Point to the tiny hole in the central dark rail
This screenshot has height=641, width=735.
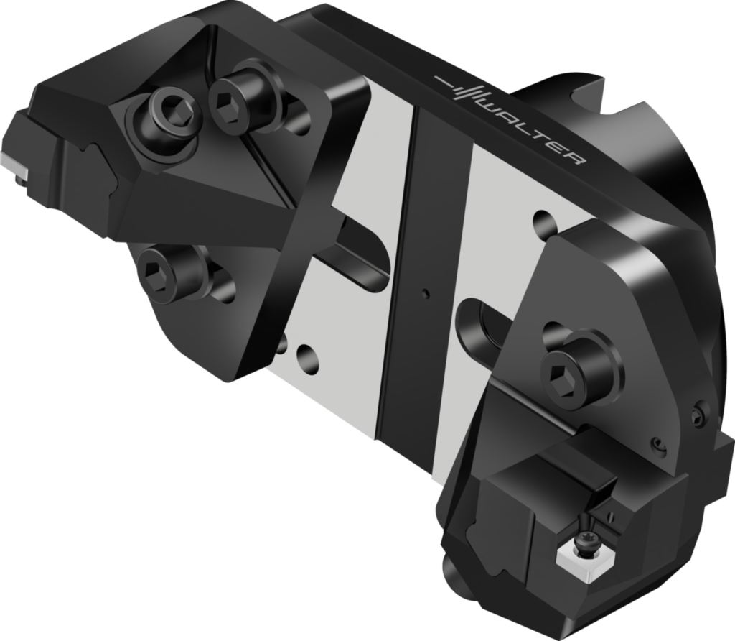point(426,292)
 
